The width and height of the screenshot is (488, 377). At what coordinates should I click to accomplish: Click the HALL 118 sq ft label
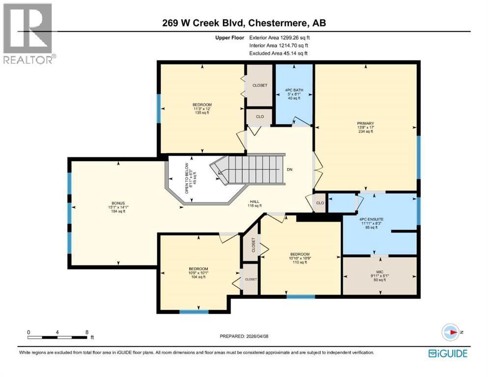(x=254, y=203)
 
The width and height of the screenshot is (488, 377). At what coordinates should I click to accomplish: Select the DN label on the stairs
(x=290, y=169)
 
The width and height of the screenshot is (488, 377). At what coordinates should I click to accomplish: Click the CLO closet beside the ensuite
(x=320, y=202)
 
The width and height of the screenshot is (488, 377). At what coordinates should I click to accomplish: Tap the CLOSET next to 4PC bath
(x=259, y=85)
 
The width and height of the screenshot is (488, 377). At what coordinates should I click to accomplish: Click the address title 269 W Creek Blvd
(x=244, y=23)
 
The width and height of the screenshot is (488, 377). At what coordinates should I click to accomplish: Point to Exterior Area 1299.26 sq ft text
(x=280, y=37)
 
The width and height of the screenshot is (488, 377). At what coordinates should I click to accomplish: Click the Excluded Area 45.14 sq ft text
(x=279, y=53)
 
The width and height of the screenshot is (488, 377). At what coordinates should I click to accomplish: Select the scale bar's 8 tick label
(x=86, y=331)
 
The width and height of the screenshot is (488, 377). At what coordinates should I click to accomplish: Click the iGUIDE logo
(x=448, y=353)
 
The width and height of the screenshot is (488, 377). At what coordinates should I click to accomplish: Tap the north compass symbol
(x=452, y=332)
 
